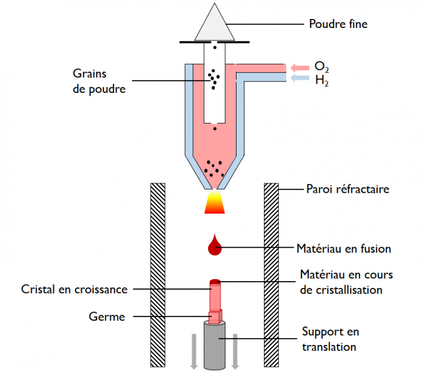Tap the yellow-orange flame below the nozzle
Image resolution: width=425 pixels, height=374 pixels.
(215, 202)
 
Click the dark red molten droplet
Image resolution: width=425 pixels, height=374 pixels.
(215, 246)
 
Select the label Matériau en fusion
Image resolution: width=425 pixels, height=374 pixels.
(343, 248)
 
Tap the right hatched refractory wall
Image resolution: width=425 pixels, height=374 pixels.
(272, 274)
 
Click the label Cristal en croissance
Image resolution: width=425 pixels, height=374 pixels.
(74, 290)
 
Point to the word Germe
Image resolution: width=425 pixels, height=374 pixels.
(107, 316)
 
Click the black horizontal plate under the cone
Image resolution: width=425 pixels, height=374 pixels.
(215, 42)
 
